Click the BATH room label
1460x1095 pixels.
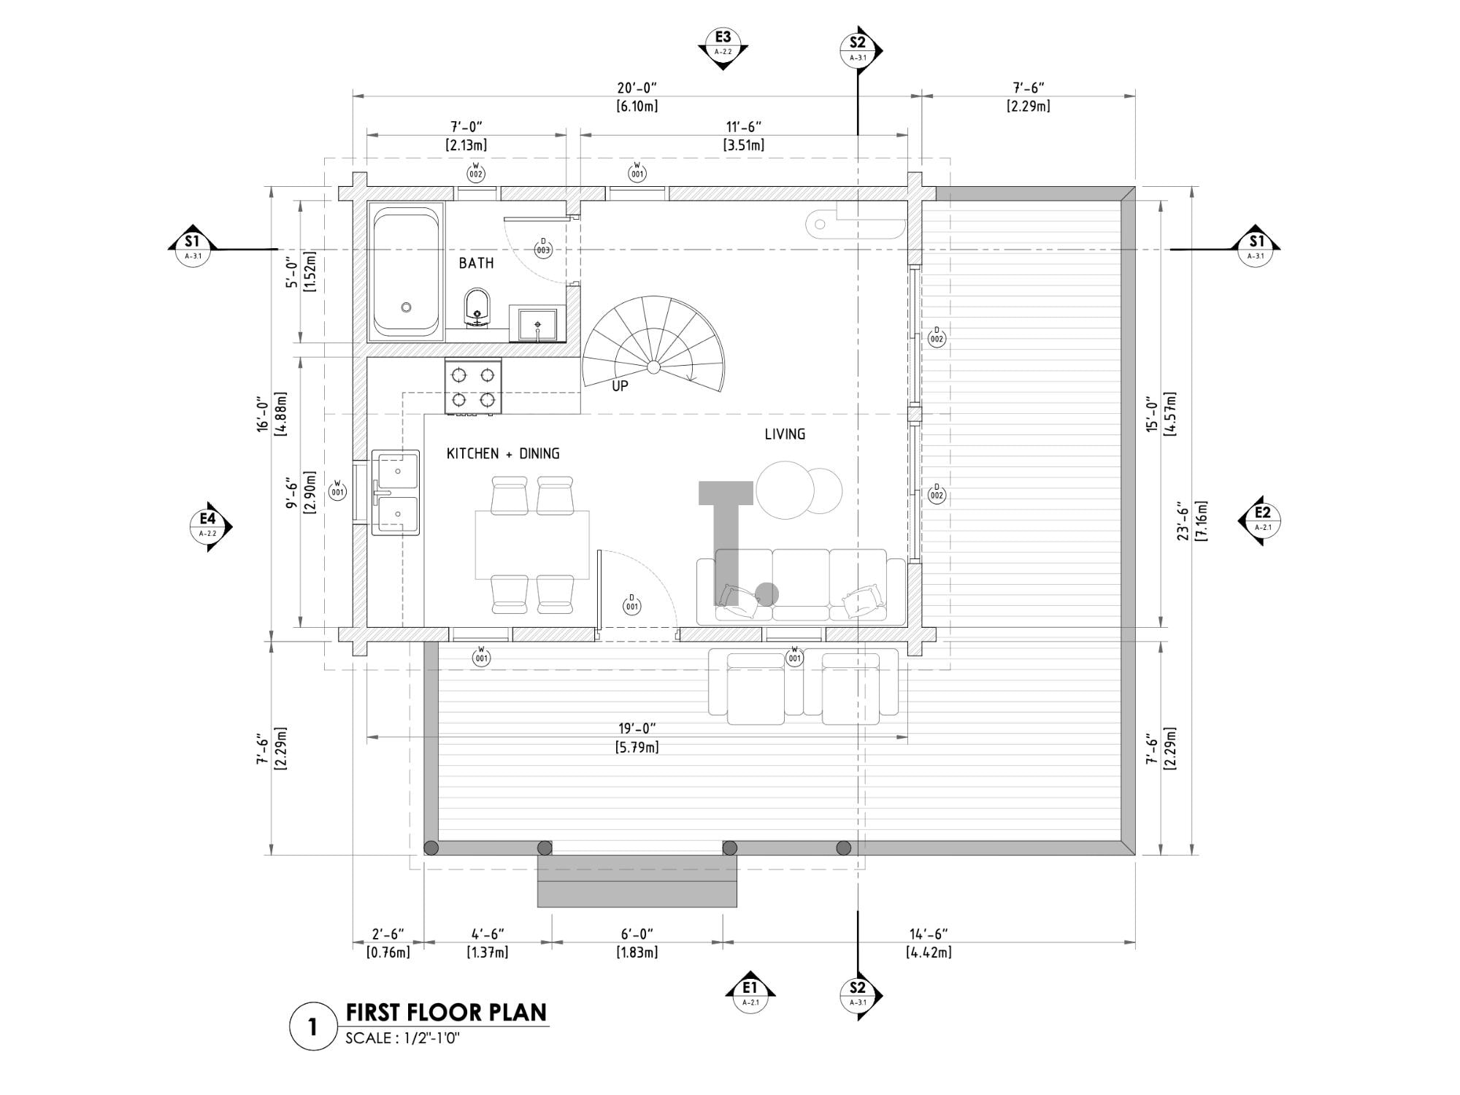point(476,263)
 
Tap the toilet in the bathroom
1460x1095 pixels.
point(477,307)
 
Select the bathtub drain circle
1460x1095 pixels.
point(406,307)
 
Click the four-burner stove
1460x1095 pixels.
point(473,387)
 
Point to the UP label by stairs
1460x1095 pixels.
point(620,386)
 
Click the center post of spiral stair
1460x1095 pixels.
point(653,366)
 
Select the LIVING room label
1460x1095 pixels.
point(785,434)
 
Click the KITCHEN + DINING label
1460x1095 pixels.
point(503,454)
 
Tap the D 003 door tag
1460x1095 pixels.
point(543,247)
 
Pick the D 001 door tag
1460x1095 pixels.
point(632,604)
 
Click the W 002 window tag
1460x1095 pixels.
point(476,172)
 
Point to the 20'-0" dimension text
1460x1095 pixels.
point(637,88)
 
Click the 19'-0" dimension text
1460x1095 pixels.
point(637,729)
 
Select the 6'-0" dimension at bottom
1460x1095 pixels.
point(637,934)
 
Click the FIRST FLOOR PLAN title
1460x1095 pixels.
point(446,1013)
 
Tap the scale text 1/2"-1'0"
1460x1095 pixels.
point(402,1038)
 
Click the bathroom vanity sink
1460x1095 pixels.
point(537,325)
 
